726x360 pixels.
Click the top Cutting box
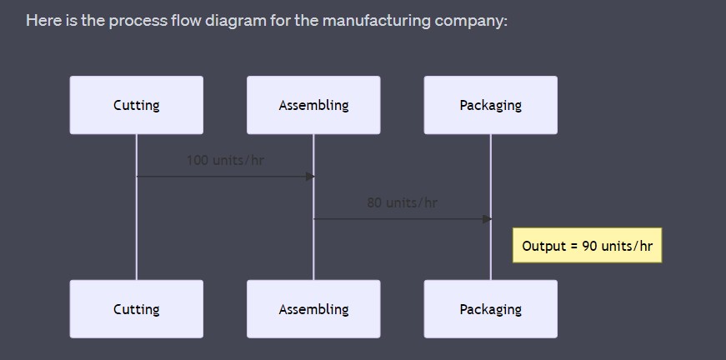coord(136,105)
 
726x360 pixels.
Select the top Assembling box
coord(313,105)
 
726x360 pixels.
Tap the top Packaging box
coord(490,105)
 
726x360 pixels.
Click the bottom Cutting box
coord(136,309)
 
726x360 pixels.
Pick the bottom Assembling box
coord(313,309)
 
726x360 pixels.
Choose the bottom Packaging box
coord(490,309)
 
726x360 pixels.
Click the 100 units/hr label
coord(225,160)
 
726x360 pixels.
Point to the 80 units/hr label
coord(402,202)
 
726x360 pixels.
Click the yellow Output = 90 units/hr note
coord(587,246)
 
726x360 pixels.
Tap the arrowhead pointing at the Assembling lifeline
coord(310,177)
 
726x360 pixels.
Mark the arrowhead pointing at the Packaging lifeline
coord(487,219)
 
